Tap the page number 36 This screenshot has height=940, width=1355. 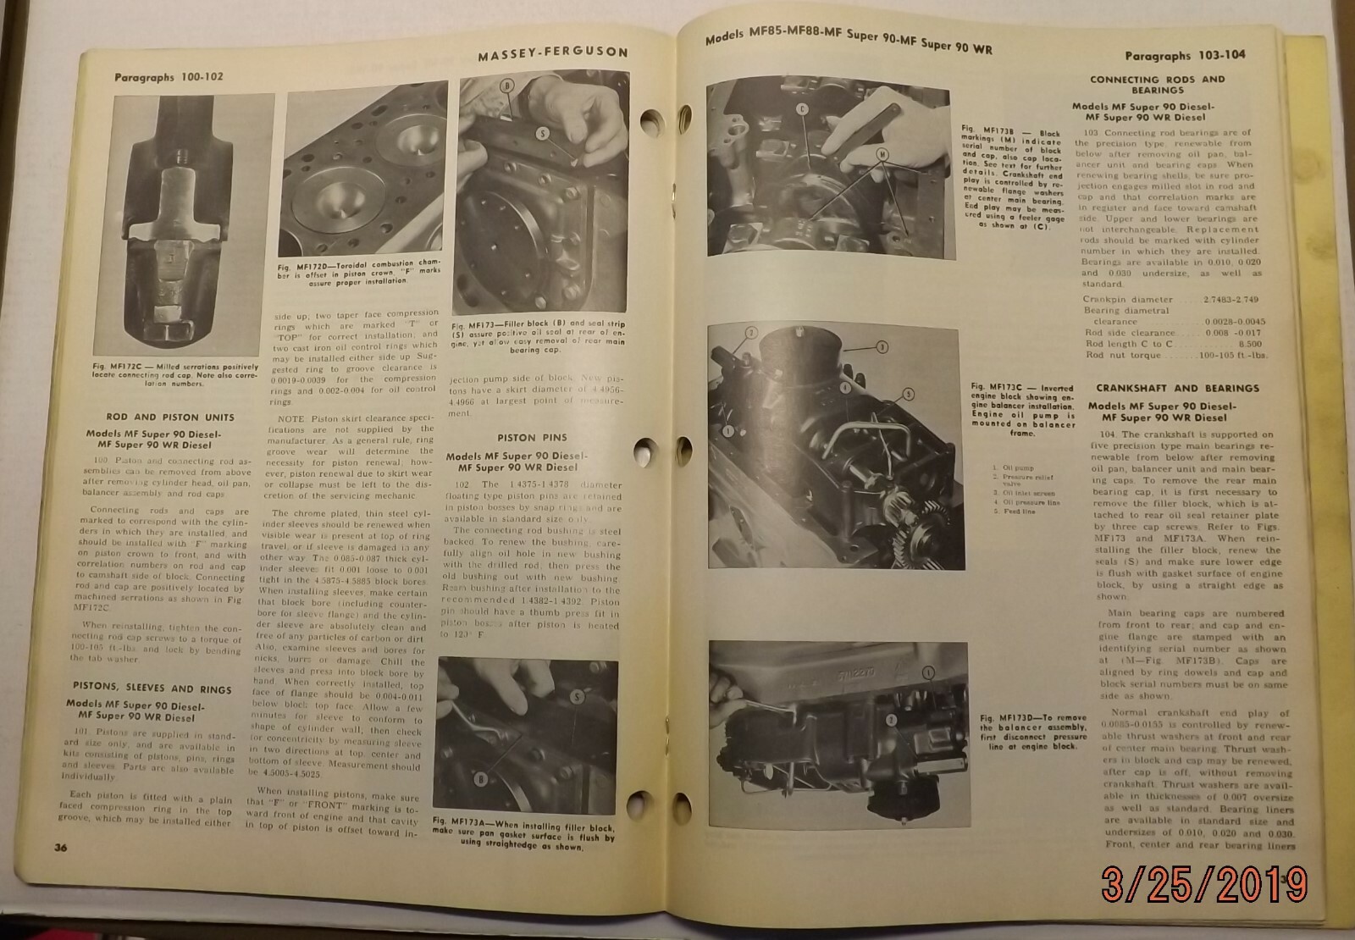(x=60, y=848)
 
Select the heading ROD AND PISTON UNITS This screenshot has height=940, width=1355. (x=170, y=417)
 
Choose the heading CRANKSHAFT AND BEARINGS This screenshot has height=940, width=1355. (x=1164, y=389)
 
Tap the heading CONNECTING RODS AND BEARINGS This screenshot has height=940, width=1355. (x=1157, y=84)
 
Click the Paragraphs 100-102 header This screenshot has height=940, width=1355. (x=169, y=77)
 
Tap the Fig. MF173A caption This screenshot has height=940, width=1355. (x=523, y=832)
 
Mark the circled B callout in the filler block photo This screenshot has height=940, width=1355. (x=506, y=86)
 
